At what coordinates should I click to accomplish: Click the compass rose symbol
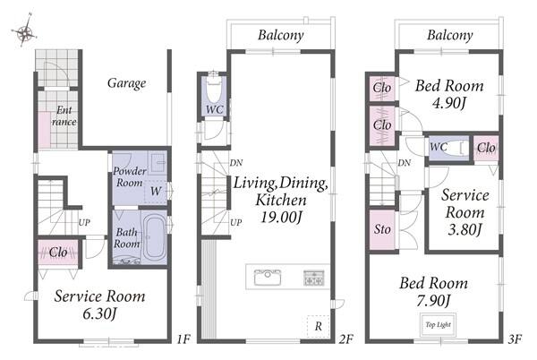click(25, 31)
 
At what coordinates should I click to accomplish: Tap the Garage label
click(127, 83)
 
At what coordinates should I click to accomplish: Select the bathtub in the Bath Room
click(154, 237)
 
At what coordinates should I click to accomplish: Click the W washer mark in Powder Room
click(156, 191)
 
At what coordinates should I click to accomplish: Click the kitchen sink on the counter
click(268, 277)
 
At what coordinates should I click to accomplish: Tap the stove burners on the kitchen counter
click(314, 278)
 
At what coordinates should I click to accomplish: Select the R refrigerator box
click(318, 326)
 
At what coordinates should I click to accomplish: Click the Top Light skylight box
click(438, 325)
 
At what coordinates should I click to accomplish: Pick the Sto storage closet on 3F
click(382, 229)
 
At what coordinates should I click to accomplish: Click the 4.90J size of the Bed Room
click(449, 103)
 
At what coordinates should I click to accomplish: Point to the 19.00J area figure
click(281, 218)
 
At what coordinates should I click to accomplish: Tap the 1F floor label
click(183, 339)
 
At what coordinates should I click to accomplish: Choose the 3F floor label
click(515, 339)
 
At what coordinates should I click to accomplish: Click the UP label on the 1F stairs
click(84, 223)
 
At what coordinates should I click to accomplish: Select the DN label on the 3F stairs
click(405, 163)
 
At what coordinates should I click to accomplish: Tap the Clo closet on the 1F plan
click(58, 253)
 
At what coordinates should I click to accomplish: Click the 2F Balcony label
click(281, 35)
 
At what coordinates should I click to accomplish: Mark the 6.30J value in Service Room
click(99, 313)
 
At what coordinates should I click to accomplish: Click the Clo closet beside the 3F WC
click(486, 148)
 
